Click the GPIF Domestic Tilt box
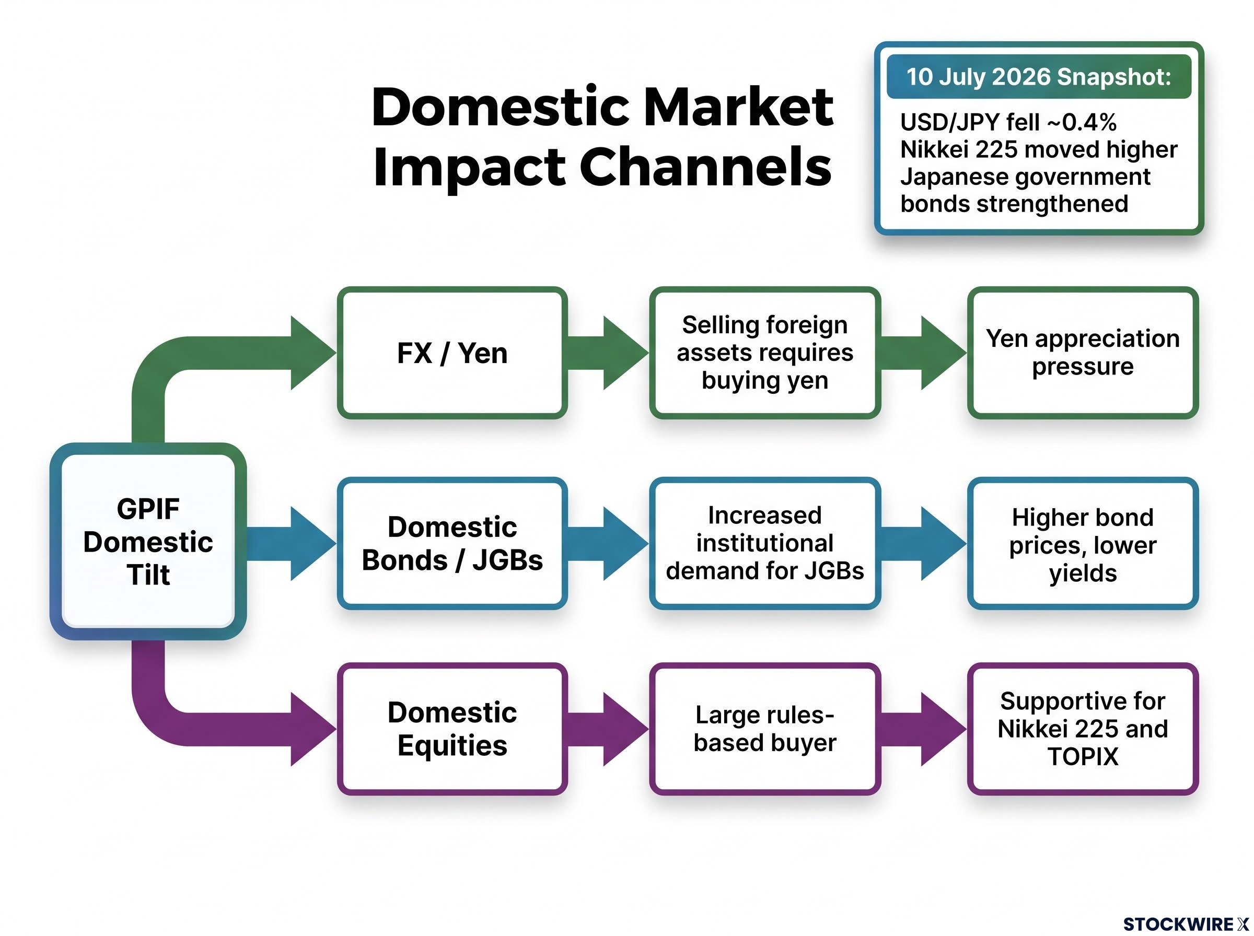pyautogui.click(x=148, y=541)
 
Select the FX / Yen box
pyautogui.click(x=452, y=353)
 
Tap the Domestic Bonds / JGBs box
pyautogui.click(x=452, y=543)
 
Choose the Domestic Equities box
pyautogui.click(x=452, y=729)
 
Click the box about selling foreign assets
pyautogui.click(x=765, y=353)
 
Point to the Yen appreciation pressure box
pyautogui.click(x=1083, y=353)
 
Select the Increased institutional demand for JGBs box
pyautogui.click(x=765, y=543)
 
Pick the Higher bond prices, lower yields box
pyautogui.click(x=1083, y=543)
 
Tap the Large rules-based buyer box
pyautogui.click(x=765, y=729)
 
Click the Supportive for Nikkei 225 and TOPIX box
pyautogui.click(x=1083, y=729)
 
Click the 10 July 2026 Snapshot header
pyautogui.click(x=1039, y=76)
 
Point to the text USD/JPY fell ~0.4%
pyautogui.click(x=1008, y=122)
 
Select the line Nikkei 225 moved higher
pyautogui.click(x=1039, y=149)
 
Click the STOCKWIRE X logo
pyautogui.click(x=1186, y=924)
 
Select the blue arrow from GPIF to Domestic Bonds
pyautogui.click(x=291, y=543)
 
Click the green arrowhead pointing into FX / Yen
pyautogui.click(x=313, y=353)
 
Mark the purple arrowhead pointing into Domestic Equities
pyautogui.click(x=313, y=729)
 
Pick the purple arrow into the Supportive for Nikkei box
pyautogui.click(x=924, y=729)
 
